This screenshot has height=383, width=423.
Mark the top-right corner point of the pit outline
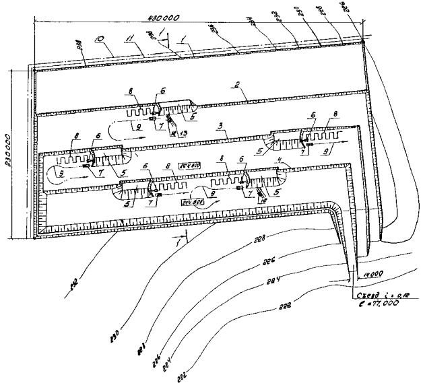362,42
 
